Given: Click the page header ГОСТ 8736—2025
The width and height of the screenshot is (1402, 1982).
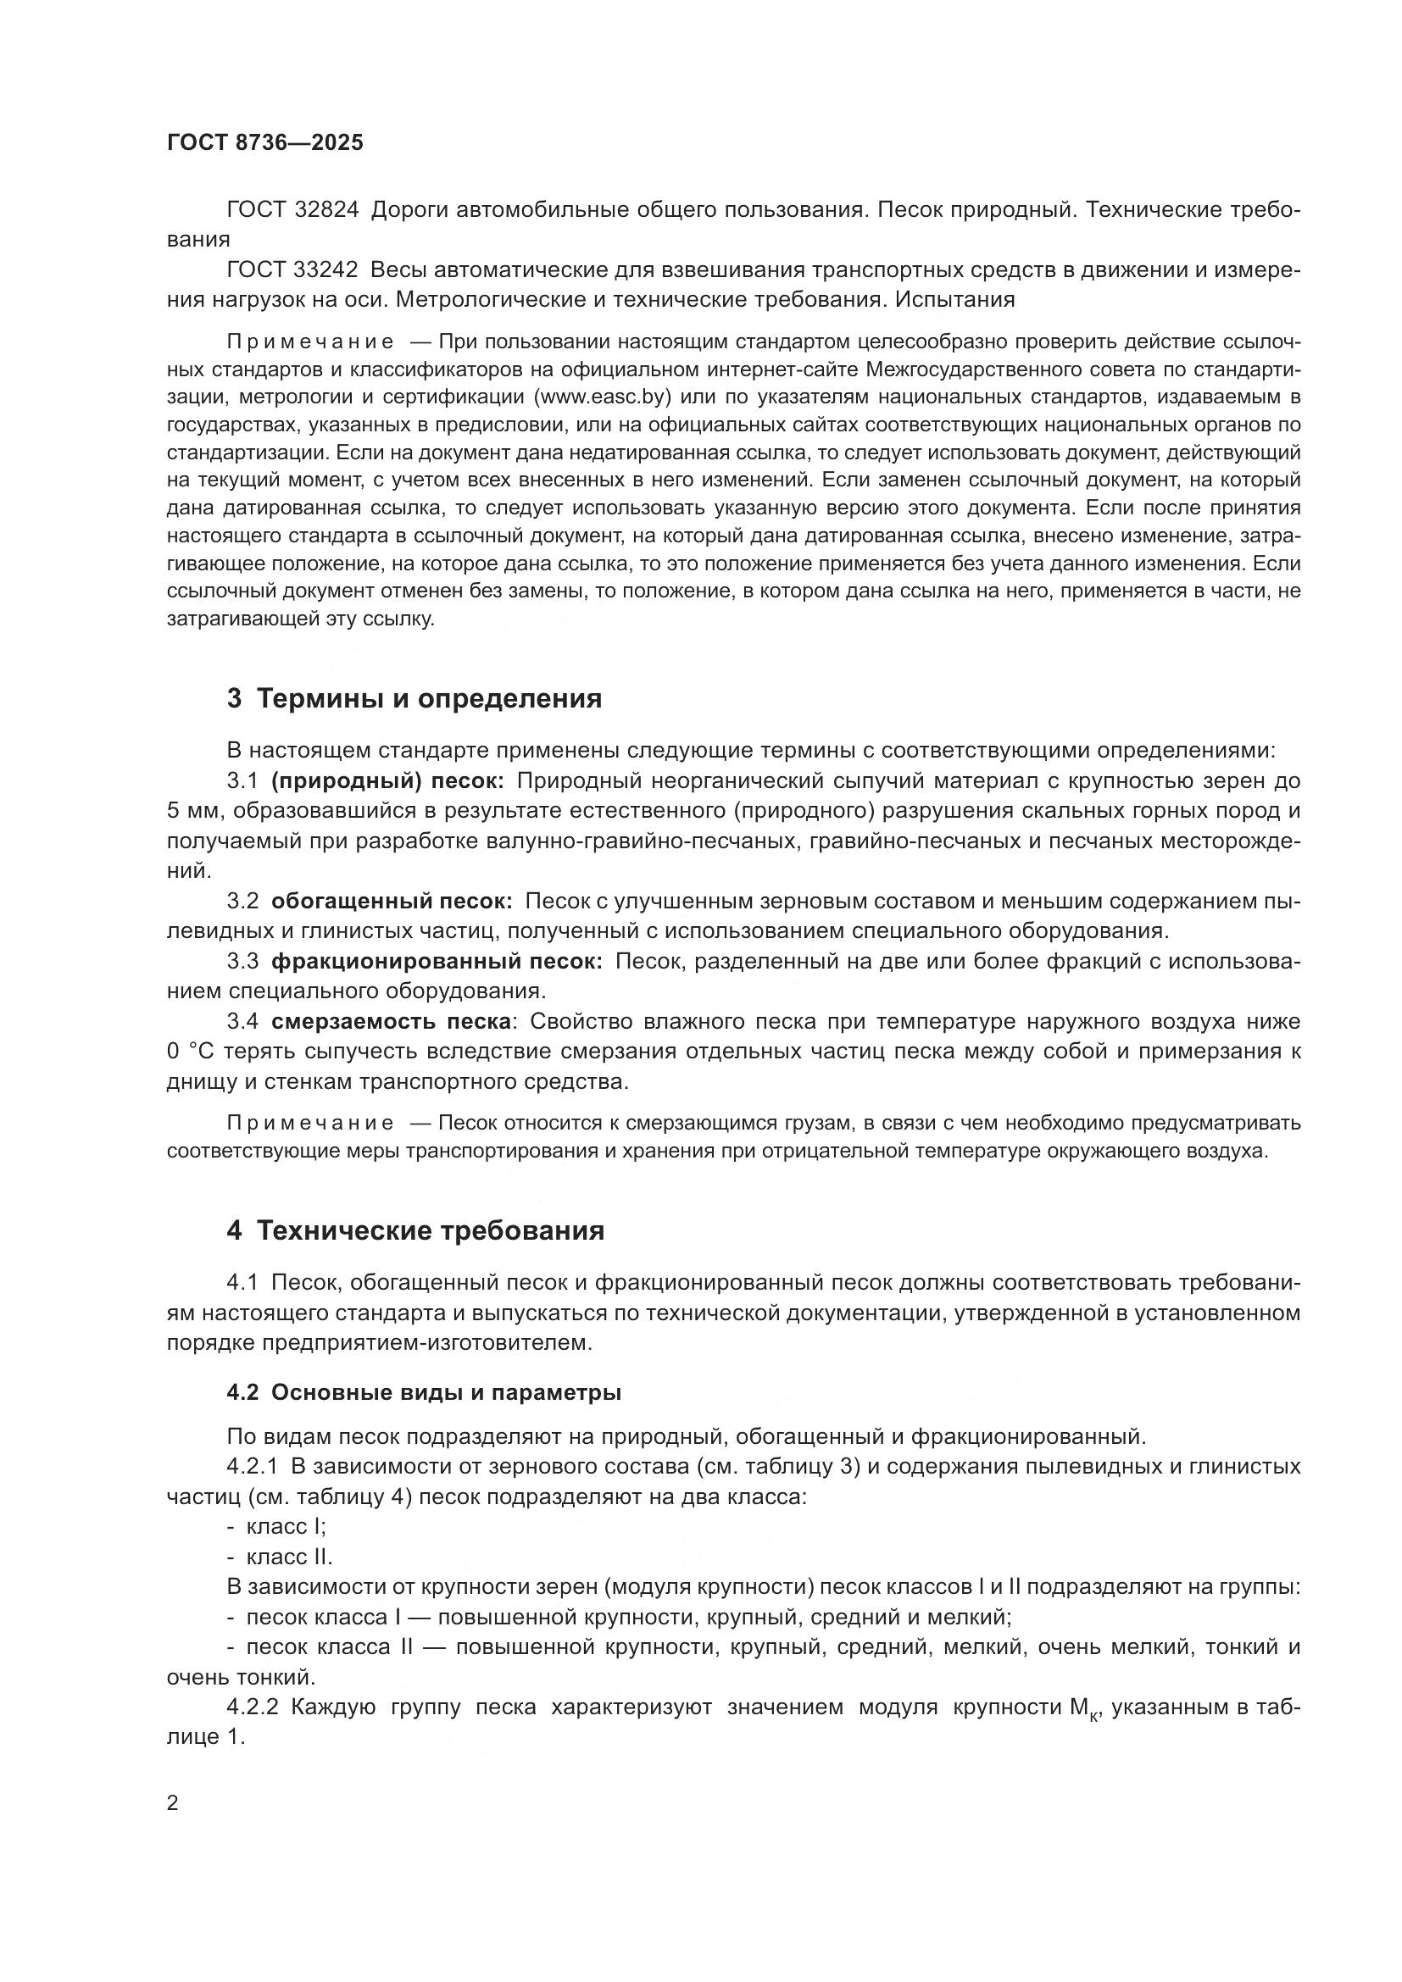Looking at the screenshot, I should [x=265, y=143].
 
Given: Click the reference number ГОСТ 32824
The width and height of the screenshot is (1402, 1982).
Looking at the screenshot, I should [x=292, y=210].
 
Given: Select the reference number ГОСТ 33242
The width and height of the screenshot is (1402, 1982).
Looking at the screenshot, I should [x=292, y=270].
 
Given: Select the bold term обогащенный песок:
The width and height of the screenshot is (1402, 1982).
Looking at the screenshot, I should [x=391, y=902].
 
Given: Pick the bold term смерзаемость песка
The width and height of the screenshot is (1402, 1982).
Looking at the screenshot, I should [x=390, y=1021].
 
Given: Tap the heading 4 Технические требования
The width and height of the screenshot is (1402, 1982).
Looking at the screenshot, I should [x=415, y=1230].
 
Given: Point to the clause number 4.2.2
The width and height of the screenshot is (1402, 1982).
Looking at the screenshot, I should [x=252, y=1707].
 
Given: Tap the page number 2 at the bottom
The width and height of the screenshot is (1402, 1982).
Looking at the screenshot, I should [x=173, y=1803].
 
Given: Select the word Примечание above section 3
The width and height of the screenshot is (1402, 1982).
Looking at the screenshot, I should [x=310, y=342].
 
